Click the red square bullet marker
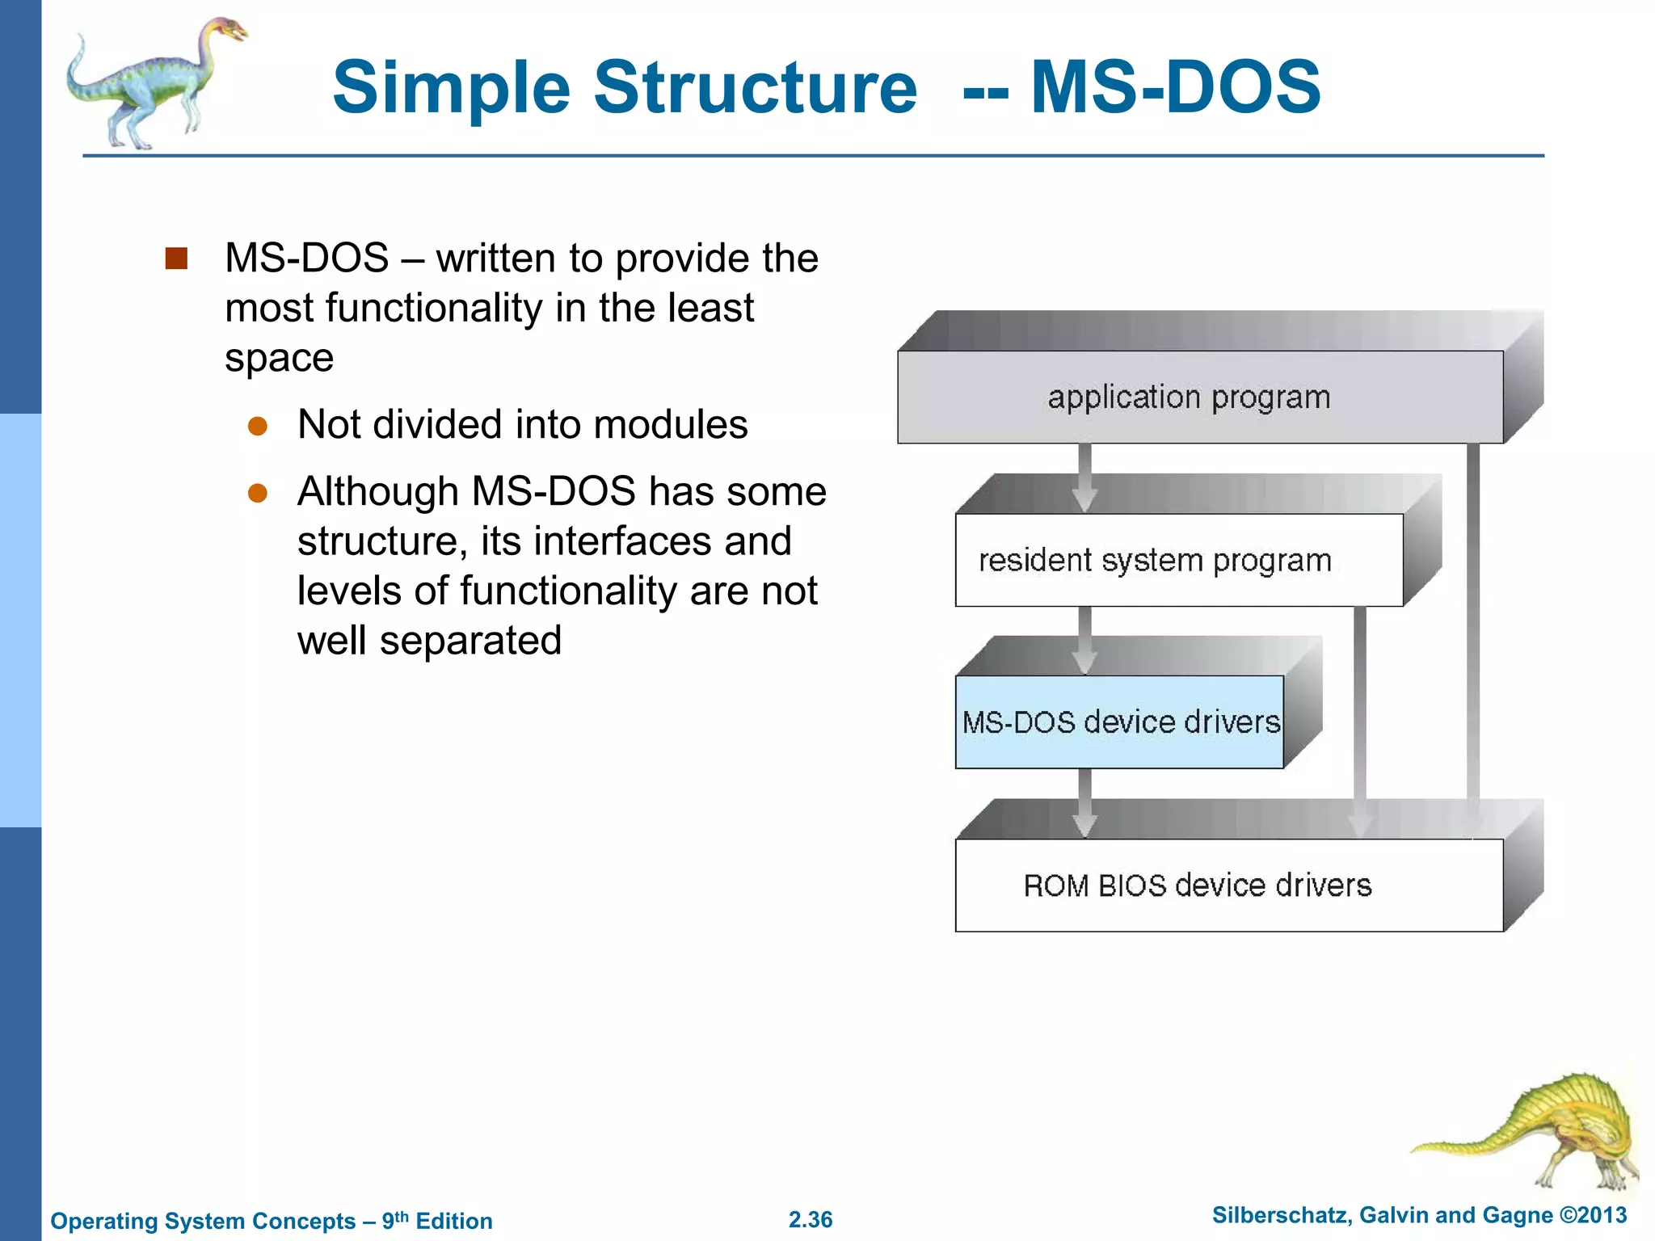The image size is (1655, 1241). (x=176, y=259)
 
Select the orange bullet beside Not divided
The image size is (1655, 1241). (x=258, y=426)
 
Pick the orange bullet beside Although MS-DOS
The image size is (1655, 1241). (x=258, y=493)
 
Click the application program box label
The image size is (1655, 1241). (x=1188, y=398)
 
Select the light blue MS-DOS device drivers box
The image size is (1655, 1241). (x=1120, y=721)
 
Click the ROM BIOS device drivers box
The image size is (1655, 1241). (x=1197, y=886)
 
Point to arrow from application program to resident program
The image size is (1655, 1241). (x=1084, y=478)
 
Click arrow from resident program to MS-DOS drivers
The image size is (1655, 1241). (x=1084, y=641)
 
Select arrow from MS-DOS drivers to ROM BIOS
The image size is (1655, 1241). (x=1084, y=803)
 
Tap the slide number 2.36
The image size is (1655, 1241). (x=811, y=1219)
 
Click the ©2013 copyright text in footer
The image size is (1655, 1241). (x=1593, y=1215)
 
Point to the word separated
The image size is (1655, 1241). (x=470, y=641)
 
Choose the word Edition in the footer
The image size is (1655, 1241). (x=453, y=1221)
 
